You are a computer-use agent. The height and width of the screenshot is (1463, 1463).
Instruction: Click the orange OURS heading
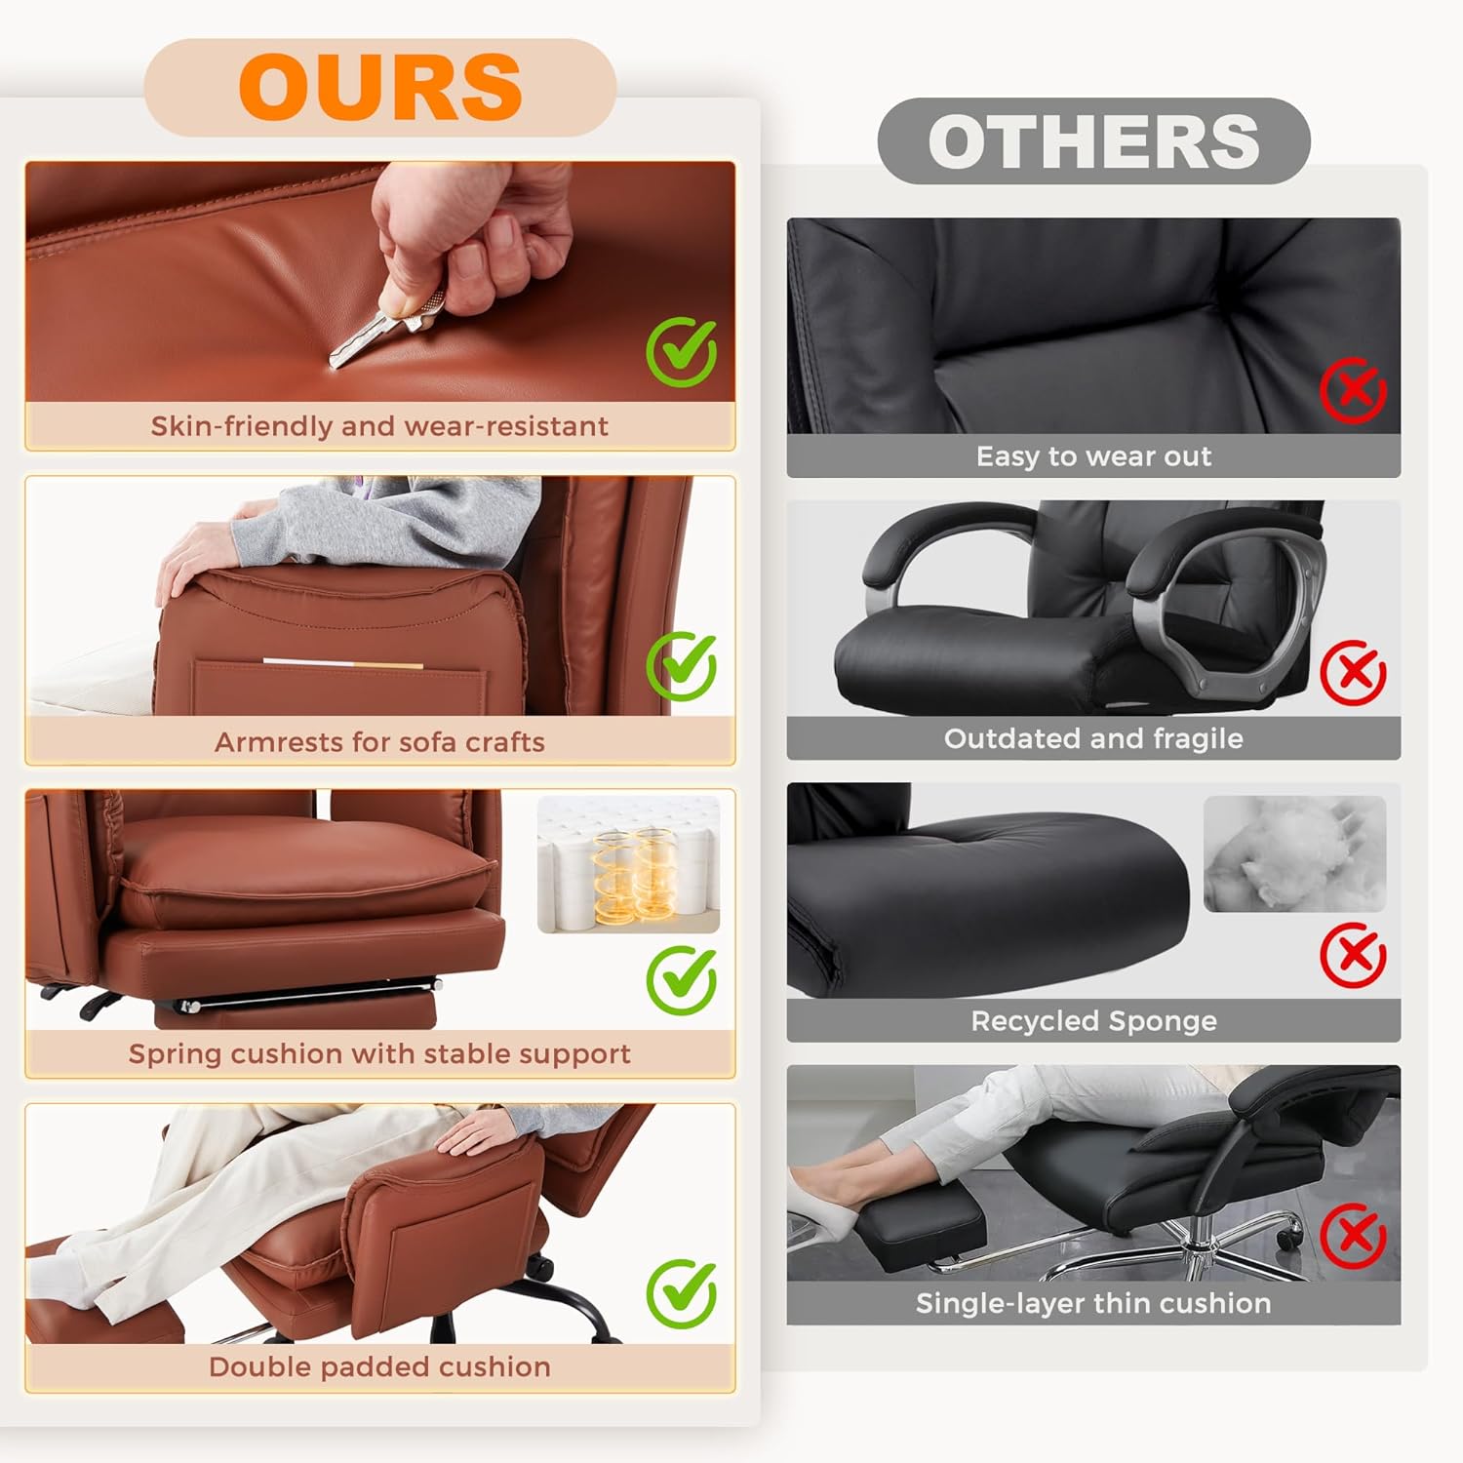tap(380, 87)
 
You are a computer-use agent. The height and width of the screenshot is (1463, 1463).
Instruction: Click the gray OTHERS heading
tap(1093, 141)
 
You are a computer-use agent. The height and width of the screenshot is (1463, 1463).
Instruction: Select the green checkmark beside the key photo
tap(682, 352)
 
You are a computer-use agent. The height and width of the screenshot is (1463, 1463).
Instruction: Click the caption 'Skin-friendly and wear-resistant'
tap(379, 426)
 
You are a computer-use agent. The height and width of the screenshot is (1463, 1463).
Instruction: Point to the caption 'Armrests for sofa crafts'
tap(379, 742)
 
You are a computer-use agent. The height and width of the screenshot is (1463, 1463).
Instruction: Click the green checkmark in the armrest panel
tap(682, 666)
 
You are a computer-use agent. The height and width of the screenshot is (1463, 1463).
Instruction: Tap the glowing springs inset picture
tap(629, 864)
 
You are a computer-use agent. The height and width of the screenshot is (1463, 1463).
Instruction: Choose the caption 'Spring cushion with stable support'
tap(379, 1054)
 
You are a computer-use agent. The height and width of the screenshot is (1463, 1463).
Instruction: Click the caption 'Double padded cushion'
tap(379, 1367)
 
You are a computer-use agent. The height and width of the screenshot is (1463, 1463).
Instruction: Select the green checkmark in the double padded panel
tap(682, 1293)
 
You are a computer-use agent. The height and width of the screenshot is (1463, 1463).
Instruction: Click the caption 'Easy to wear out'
tap(1093, 456)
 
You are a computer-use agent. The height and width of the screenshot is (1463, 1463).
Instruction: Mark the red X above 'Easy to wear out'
tap(1353, 390)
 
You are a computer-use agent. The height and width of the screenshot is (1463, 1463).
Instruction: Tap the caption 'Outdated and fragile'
tap(1093, 738)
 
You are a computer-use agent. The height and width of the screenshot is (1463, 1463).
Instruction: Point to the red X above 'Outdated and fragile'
tap(1353, 672)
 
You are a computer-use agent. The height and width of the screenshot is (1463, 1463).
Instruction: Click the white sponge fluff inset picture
tap(1295, 854)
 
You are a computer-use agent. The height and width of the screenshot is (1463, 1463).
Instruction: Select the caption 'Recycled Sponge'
tap(1093, 1021)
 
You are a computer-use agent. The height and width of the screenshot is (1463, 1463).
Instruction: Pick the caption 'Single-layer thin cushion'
tap(1093, 1304)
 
